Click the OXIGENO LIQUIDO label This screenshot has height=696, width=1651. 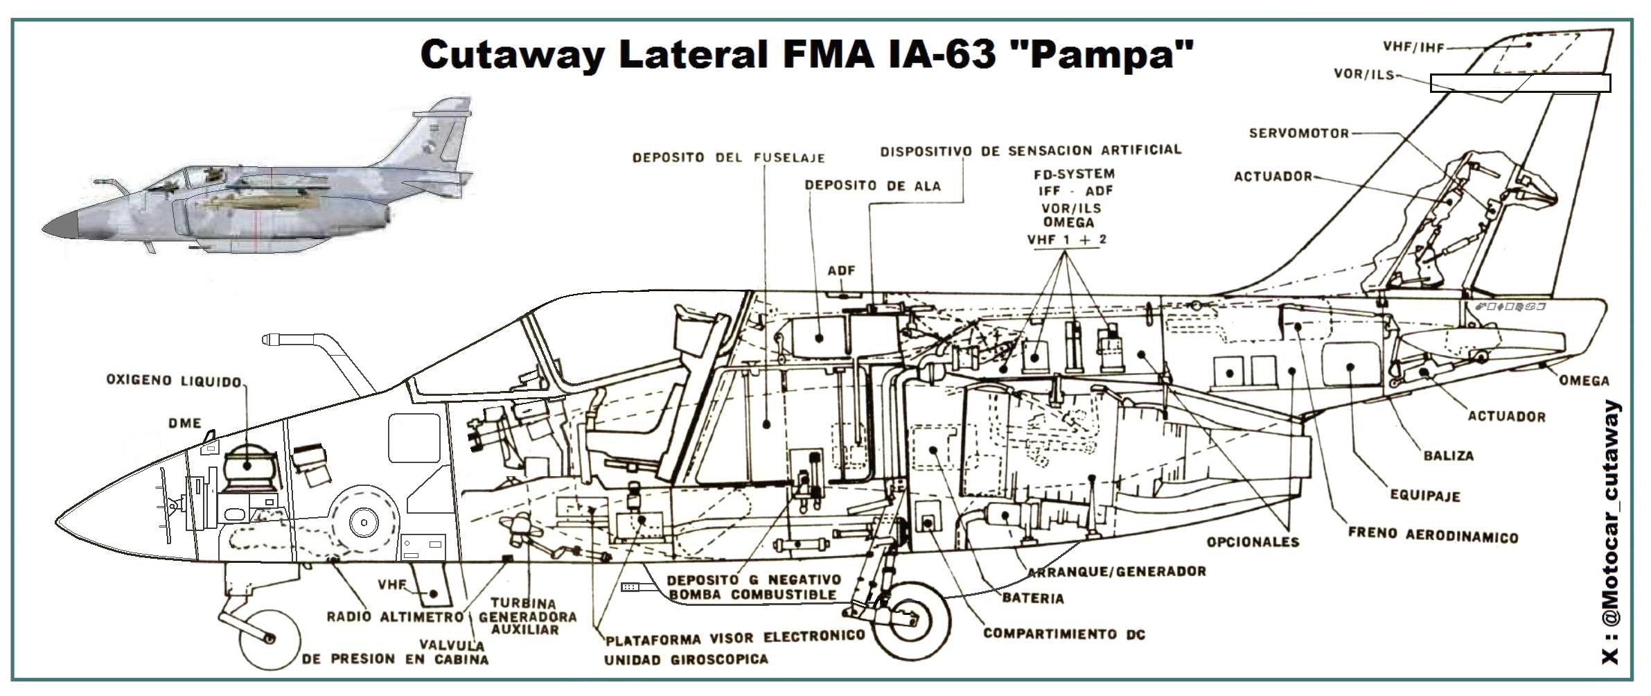[173, 381]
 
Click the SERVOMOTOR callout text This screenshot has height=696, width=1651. [1298, 133]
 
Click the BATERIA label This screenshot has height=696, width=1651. [1032, 598]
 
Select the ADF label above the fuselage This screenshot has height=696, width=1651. [841, 270]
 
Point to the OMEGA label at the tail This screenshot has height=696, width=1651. [1584, 381]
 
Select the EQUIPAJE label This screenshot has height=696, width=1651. [1424, 496]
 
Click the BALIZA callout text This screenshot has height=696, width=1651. [1448, 456]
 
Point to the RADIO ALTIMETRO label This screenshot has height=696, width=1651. [394, 616]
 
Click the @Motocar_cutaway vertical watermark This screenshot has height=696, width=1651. [1612, 534]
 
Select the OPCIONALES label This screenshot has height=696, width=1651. [1253, 542]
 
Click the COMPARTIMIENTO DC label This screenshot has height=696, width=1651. [1063, 634]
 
